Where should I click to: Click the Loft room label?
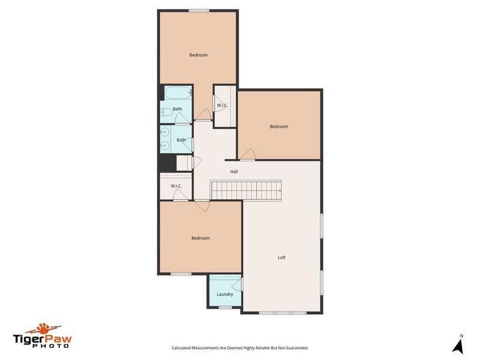(281, 257)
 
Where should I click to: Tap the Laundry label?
(225, 294)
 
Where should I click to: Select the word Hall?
(235, 172)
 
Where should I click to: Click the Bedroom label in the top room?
(199, 55)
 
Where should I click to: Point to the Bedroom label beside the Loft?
(200, 238)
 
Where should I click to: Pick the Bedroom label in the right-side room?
(279, 127)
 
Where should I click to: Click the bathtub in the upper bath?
(178, 94)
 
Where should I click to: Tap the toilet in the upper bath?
(163, 111)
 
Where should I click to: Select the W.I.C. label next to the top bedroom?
(223, 106)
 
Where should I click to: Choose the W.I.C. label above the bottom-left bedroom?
(176, 186)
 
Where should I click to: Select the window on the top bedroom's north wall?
(199, 10)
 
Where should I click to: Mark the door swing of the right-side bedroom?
(248, 156)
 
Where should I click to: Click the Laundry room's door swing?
(238, 285)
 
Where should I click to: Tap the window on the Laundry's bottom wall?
(225, 307)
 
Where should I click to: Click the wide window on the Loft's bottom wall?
(281, 313)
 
